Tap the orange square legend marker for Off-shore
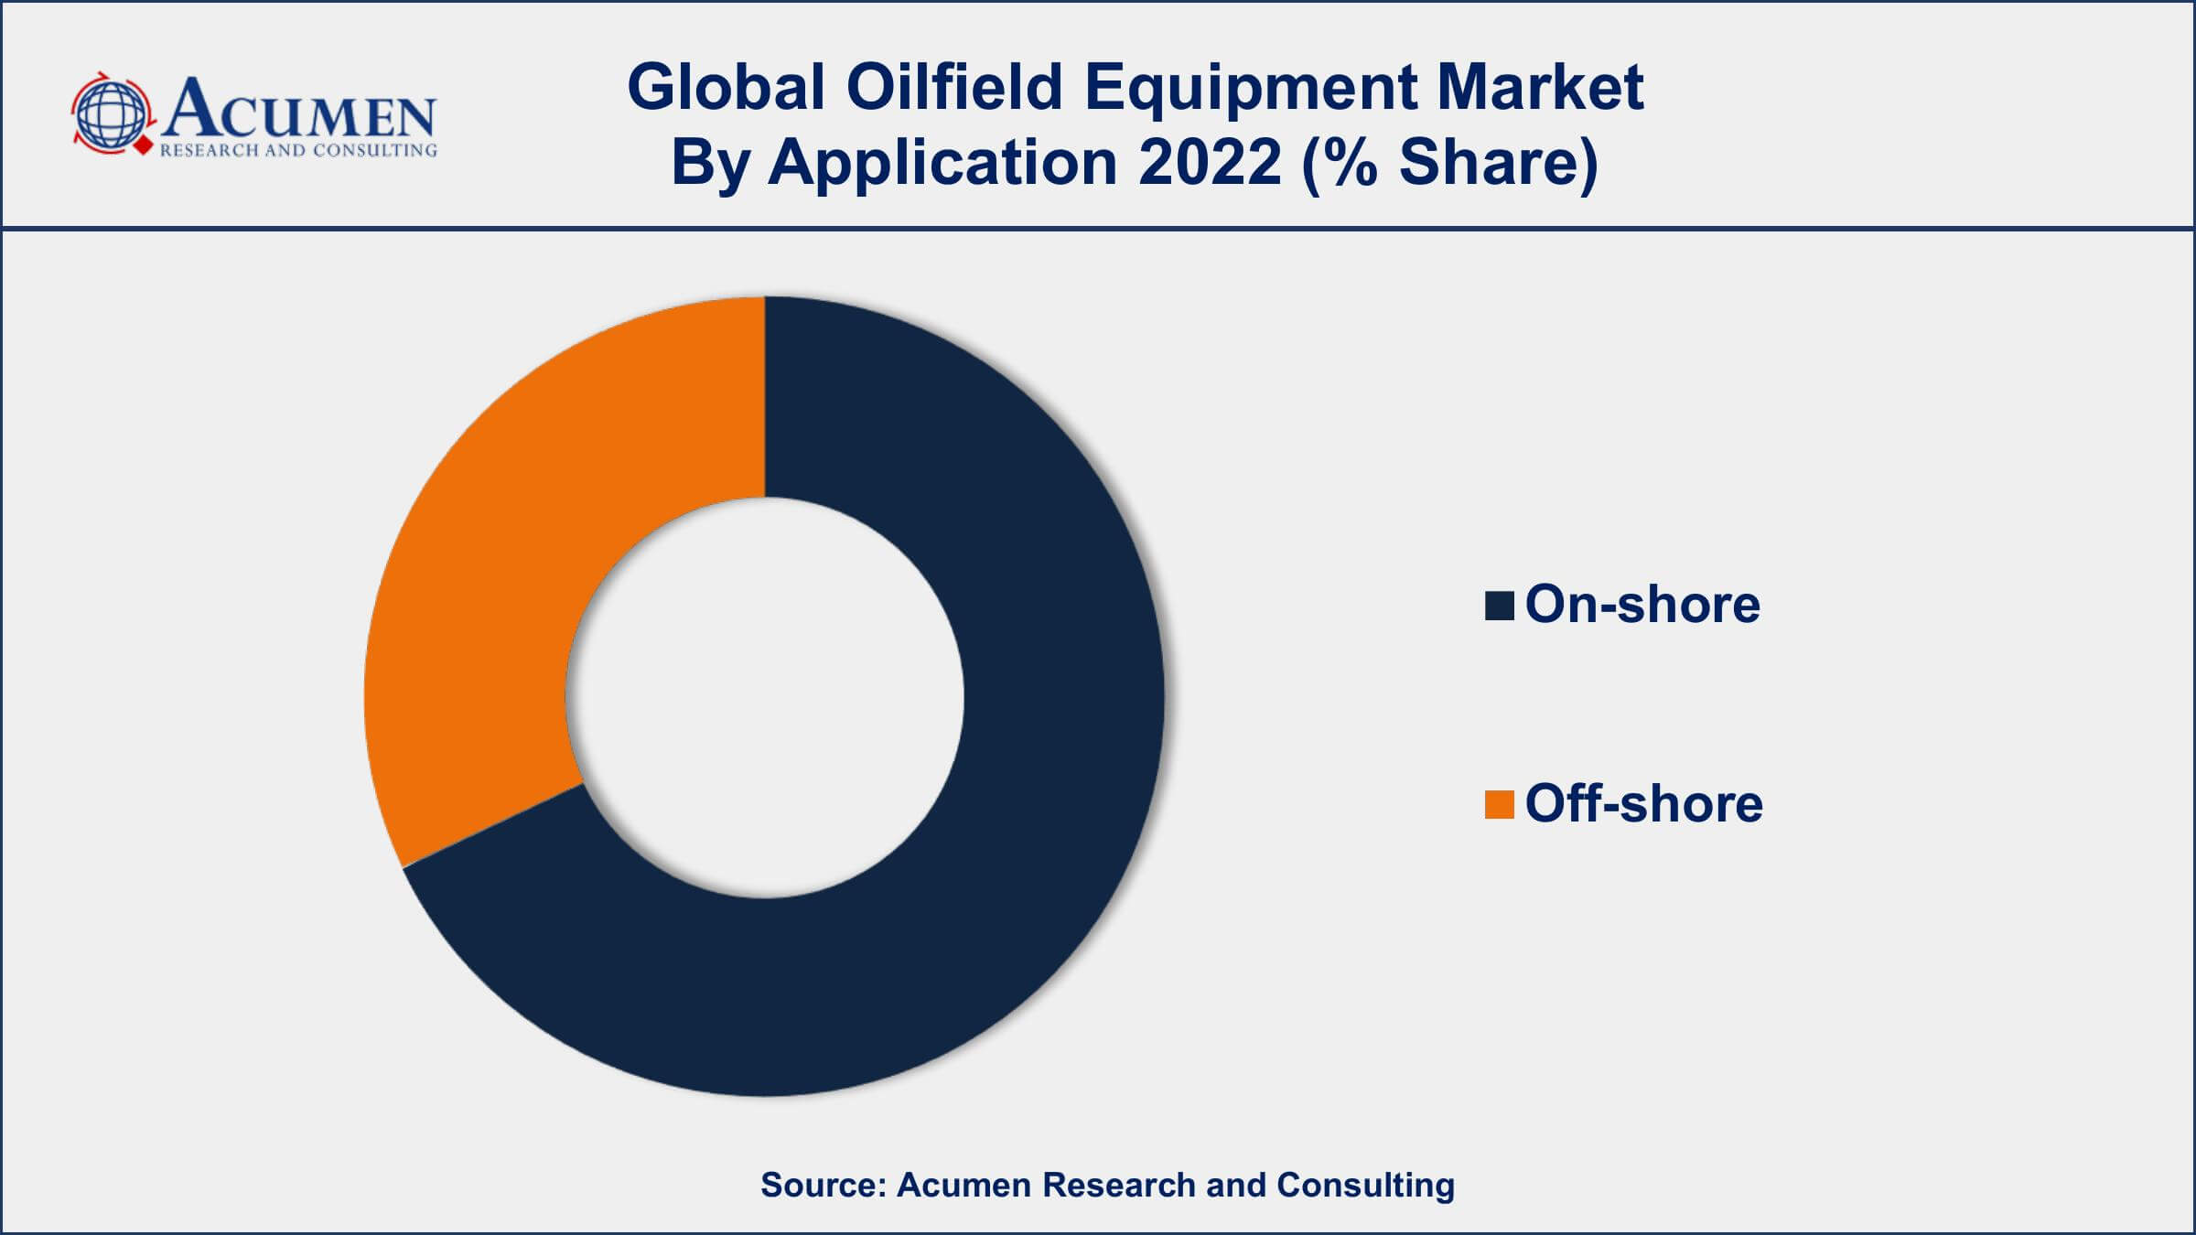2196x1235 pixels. click(1499, 805)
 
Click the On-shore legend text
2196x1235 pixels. click(1642, 605)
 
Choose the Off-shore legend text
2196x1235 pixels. click(1644, 803)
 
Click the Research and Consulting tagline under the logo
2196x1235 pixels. click(298, 151)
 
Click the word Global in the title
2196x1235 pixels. click(727, 88)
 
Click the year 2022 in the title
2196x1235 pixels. click(1210, 163)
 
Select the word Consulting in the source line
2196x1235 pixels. click(1365, 1187)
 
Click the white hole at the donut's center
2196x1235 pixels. click(765, 697)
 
